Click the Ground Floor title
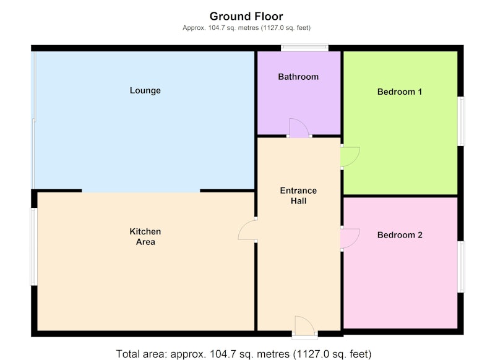coord(246,16)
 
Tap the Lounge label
coord(145,90)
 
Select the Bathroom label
coord(298,77)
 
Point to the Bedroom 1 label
coord(400,92)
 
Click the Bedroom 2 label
coord(400,234)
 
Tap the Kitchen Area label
coord(145,237)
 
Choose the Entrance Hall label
coord(298,195)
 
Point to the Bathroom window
coord(304,48)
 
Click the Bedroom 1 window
coord(461,121)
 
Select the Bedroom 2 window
coord(461,267)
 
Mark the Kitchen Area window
coord(34,246)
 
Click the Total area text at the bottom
coord(244,354)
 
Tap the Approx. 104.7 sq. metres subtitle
coord(246,28)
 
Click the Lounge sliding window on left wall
coord(34,120)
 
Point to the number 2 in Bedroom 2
coord(420,234)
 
